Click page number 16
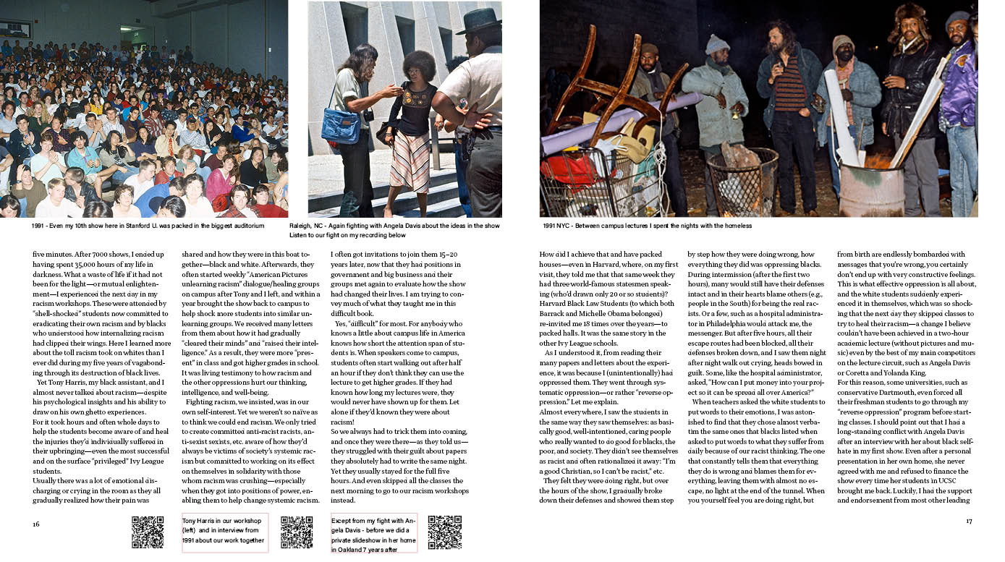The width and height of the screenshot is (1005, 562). tap(35, 524)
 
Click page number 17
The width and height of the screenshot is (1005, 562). tap(969, 521)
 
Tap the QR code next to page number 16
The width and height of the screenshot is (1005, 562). tap(148, 532)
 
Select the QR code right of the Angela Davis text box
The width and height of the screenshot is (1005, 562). tap(444, 532)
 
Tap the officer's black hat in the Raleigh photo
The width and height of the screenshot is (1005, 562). tap(479, 20)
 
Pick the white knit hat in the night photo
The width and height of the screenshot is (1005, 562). tap(717, 44)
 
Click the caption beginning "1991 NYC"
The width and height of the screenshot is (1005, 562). tap(647, 226)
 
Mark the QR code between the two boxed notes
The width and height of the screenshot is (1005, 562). tap(296, 532)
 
